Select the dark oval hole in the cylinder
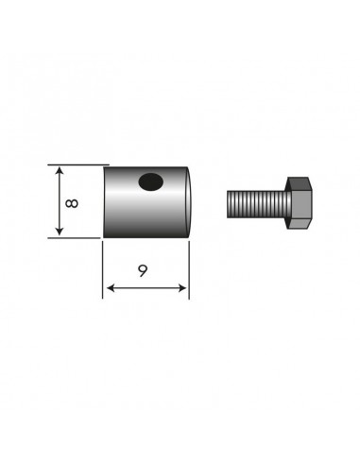tap(148, 181)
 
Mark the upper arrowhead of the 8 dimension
tap(60, 170)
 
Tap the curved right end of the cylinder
tap(193, 201)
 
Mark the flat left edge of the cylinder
tap(103, 201)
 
